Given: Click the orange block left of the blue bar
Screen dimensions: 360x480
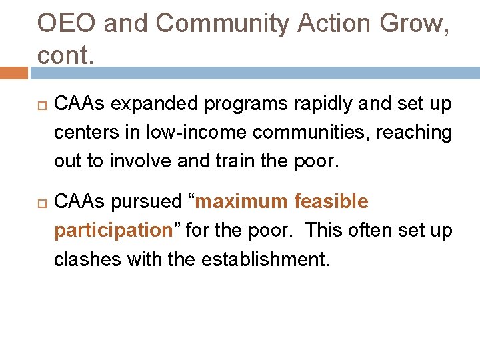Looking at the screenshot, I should click(14, 73).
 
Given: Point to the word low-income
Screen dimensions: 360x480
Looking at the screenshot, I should click(179, 133).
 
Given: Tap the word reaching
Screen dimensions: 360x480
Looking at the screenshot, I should click(415, 133).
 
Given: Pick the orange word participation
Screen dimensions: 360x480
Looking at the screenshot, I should click(113, 231).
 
